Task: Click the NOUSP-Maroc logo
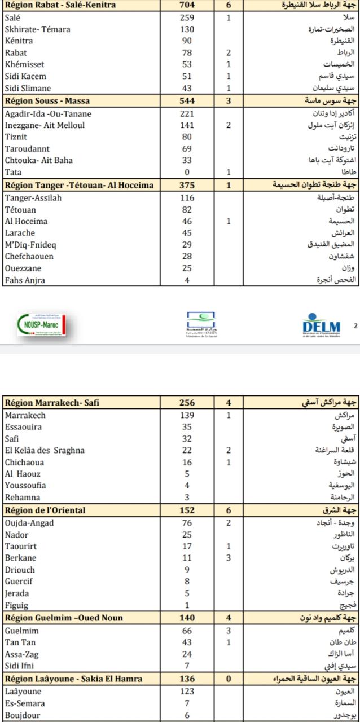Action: point(40,325)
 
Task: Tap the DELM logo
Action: point(321,326)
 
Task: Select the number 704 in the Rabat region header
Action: point(187,5)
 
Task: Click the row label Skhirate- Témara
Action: point(38,29)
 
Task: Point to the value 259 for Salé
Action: point(187,17)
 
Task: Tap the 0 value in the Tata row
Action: point(187,172)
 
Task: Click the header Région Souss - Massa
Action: point(48,102)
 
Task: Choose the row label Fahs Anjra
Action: point(25,280)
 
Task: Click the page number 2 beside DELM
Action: point(355,325)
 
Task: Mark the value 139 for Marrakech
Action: point(187,415)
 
